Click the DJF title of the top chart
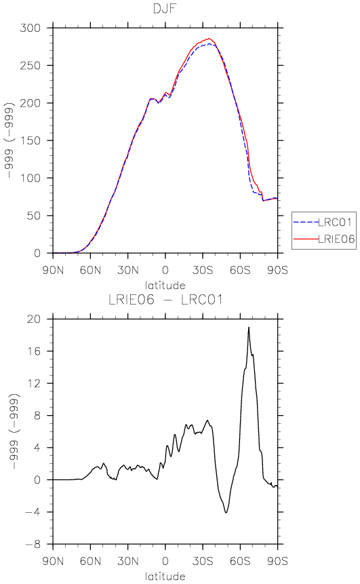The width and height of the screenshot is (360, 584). (165, 8)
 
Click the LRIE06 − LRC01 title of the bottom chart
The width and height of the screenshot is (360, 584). (165, 300)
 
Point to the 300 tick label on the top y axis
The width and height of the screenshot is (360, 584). (30, 28)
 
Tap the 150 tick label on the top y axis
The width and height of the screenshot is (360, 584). (30, 140)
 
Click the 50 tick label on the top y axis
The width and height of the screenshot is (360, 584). (33, 216)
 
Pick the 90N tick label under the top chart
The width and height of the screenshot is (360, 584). (54, 270)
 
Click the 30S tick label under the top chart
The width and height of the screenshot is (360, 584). (203, 270)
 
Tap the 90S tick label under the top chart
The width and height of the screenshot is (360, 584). (278, 270)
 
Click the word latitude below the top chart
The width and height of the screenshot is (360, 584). (165, 286)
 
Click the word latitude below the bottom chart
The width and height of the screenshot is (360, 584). (165, 577)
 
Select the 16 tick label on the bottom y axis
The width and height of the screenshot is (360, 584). (35, 351)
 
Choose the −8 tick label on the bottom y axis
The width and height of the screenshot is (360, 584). (33, 544)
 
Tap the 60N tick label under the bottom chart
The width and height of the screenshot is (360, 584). (90, 562)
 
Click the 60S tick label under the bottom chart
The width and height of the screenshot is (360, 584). (240, 562)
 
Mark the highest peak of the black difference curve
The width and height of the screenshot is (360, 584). (249, 328)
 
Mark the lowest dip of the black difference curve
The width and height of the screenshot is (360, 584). (226, 513)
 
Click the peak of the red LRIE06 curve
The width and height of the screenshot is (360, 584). (209, 39)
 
